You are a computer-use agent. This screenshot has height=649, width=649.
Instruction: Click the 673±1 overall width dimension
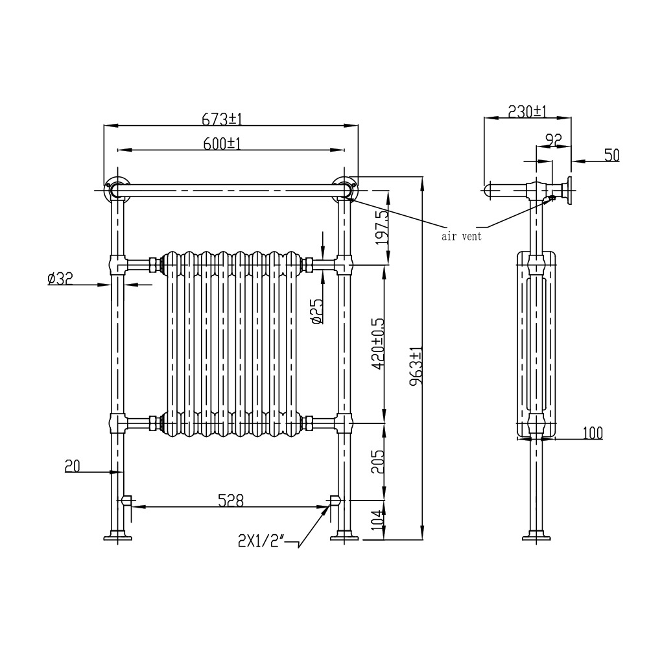pyautogui.click(x=222, y=119)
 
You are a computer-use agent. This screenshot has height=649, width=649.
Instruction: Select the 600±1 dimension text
pyautogui.click(x=222, y=144)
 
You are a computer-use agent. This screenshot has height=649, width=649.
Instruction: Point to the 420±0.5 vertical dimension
pyautogui.click(x=379, y=344)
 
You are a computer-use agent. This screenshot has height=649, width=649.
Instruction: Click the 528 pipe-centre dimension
pyautogui.click(x=230, y=500)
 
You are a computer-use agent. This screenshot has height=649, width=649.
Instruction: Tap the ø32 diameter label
pyautogui.click(x=60, y=279)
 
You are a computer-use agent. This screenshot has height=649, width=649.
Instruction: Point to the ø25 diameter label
pyautogui.click(x=316, y=311)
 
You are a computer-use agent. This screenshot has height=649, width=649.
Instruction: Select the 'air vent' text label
pyautogui.click(x=462, y=237)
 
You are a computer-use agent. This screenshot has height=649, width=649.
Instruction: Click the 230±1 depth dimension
pyautogui.click(x=527, y=112)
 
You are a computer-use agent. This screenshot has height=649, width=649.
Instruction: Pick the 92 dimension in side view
pyautogui.click(x=552, y=138)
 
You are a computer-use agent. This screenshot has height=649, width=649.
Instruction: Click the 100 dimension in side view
pyautogui.click(x=593, y=432)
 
